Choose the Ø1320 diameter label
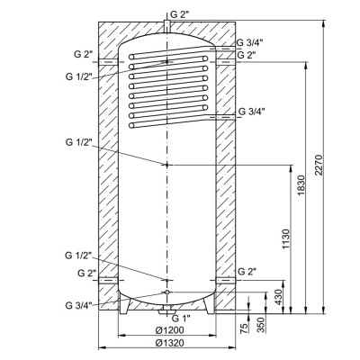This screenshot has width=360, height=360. click(x=166, y=342)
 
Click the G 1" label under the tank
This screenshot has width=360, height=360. click(x=181, y=316)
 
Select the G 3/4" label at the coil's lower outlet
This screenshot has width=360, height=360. click(x=251, y=112)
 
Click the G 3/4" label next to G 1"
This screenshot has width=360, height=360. click(x=81, y=306)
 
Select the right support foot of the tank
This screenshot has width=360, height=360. click(x=208, y=309)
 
